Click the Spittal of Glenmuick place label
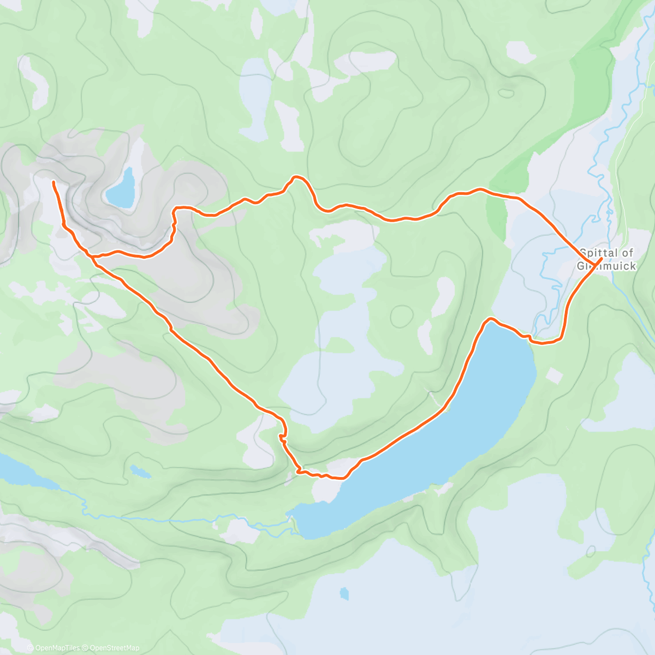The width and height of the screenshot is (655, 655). pyautogui.click(x=608, y=259)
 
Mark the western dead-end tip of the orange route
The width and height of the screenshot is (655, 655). pyautogui.click(x=53, y=182)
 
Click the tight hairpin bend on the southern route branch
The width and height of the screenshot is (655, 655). pyautogui.click(x=282, y=437)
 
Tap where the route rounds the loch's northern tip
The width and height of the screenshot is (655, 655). pyautogui.click(x=490, y=319)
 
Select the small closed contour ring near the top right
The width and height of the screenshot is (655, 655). pyautogui.click(x=507, y=93)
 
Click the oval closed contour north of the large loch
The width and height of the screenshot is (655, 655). pyautogui.click(x=402, y=315)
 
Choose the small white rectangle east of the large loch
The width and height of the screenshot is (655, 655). pyautogui.click(x=554, y=375)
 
